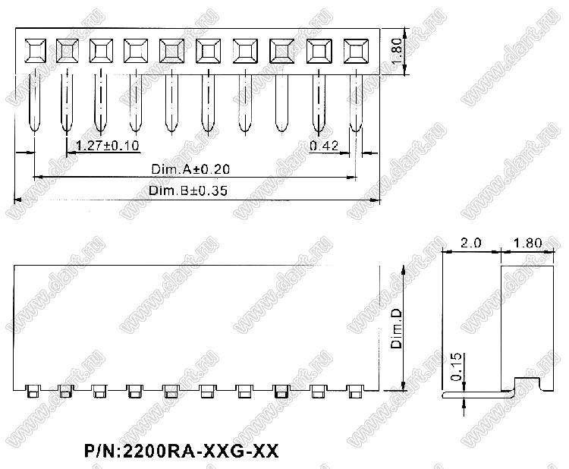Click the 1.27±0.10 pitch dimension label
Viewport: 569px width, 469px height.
[108, 146]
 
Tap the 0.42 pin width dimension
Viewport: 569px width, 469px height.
[324, 146]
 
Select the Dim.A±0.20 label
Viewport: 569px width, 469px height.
[190, 169]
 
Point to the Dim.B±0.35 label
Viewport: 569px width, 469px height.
[188, 190]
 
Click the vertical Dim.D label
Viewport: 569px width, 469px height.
[396, 329]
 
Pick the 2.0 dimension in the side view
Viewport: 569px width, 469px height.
[470, 243]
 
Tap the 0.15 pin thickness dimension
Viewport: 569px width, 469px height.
[456, 367]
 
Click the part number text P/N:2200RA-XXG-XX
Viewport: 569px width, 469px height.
[181, 451]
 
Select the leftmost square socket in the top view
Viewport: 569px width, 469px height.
[35, 51]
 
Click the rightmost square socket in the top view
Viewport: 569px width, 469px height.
[356, 51]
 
